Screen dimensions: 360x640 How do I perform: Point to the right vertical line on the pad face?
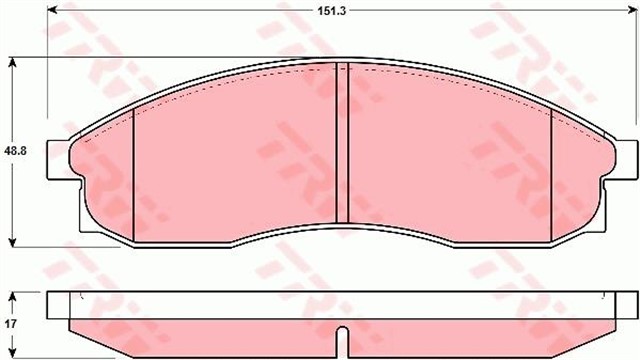click(x=552, y=170)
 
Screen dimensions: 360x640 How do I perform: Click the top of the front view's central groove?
click(x=341, y=67)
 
